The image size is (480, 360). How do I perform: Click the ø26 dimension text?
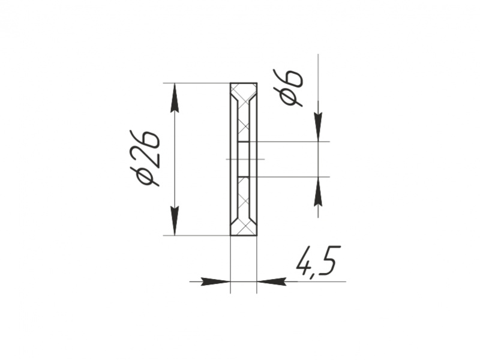click(145, 159)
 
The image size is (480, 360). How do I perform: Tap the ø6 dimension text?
click(289, 88)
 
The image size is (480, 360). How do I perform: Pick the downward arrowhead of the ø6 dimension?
click(318, 127)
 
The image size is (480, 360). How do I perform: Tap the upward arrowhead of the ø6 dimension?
click(318, 191)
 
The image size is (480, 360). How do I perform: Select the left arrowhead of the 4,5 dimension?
click(215, 281)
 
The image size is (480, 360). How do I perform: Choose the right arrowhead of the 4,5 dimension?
click(272, 281)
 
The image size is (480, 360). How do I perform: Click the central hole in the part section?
click(244, 159)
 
